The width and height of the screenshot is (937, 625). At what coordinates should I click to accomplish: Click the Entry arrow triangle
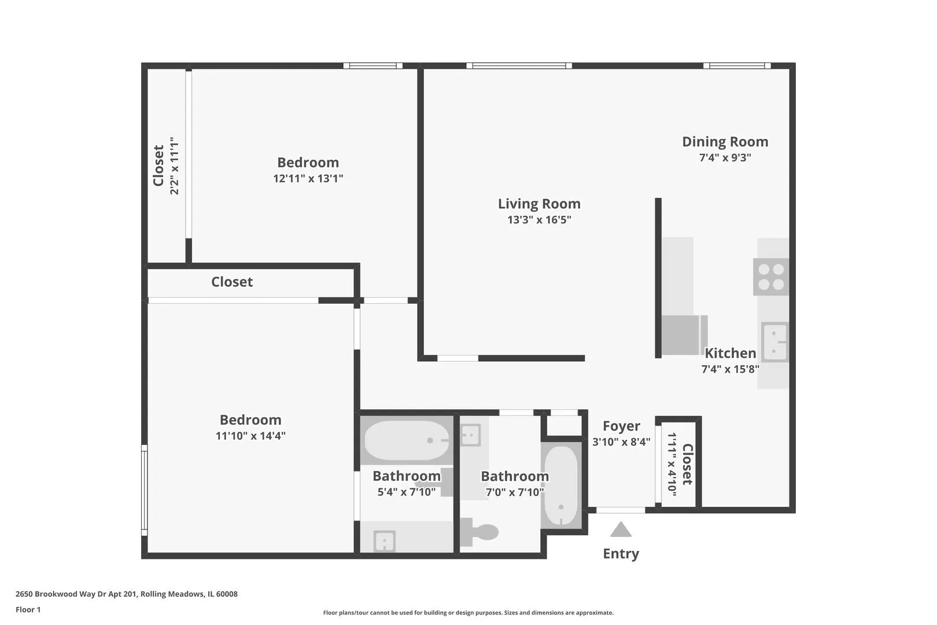coord(621,530)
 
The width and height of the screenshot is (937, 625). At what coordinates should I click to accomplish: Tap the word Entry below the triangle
coord(621,554)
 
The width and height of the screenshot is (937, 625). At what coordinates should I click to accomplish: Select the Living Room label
coord(539,204)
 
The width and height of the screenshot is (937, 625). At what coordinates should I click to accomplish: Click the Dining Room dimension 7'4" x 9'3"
coord(725,157)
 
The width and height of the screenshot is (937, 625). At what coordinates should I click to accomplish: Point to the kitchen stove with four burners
coord(771,277)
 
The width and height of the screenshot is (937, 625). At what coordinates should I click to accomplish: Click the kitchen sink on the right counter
coord(774,342)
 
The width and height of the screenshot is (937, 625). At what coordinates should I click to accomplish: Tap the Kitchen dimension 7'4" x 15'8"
coord(730,369)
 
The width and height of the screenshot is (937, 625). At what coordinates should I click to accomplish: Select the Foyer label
coord(621,426)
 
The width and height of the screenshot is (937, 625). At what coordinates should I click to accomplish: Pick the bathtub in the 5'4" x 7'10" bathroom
coord(407,440)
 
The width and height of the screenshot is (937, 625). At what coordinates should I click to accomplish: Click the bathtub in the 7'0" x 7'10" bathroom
coord(561,485)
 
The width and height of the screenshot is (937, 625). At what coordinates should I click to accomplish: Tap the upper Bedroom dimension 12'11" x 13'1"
coord(308,179)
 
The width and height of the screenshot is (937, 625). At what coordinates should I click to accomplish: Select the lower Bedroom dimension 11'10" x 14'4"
coord(250,436)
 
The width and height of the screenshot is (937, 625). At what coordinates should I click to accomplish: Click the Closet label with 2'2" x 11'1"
coord(158,166)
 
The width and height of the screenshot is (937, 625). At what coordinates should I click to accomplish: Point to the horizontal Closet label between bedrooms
coord(232,282)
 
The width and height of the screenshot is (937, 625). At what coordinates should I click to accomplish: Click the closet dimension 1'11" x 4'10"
coord(672,462)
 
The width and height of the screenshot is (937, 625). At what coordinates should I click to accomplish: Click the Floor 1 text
coord(28,609)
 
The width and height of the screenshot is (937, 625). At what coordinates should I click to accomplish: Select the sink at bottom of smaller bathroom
coord(384,541)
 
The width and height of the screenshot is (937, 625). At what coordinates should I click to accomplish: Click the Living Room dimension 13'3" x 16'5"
coord(539,220)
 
